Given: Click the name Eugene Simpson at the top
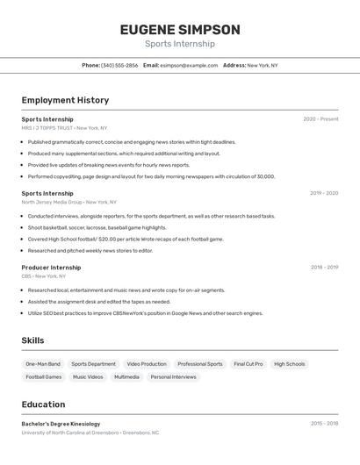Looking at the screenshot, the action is click(179, 30).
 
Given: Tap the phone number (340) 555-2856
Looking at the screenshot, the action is click(119, 65).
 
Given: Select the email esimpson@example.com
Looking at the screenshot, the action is click(189, 65).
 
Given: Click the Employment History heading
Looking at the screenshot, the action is click(65, 100).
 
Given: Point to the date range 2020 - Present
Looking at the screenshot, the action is click(320, 119).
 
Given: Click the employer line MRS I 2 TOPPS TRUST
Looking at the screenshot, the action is click(64, 128).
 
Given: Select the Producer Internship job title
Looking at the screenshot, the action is click(51, 268).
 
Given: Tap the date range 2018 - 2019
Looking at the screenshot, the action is click(324, 268).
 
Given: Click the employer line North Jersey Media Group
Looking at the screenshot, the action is click(65, 202).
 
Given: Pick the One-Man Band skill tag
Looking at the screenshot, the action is click(43, 364).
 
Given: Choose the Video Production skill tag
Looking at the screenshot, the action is click(147, 364).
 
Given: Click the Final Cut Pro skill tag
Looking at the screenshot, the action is click(248, 364).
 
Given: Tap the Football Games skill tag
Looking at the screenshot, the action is click(44, 377).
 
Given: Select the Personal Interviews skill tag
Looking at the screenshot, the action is click(173, 377).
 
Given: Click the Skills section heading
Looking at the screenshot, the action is click(33, 340).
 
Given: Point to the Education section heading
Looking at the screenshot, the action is click(43, 404).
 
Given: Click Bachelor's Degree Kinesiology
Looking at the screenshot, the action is click(61, 424).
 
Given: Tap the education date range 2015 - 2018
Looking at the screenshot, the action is click(324, 424).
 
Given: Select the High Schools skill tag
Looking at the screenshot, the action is click(289, 364).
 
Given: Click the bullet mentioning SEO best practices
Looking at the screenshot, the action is click(145, 313).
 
